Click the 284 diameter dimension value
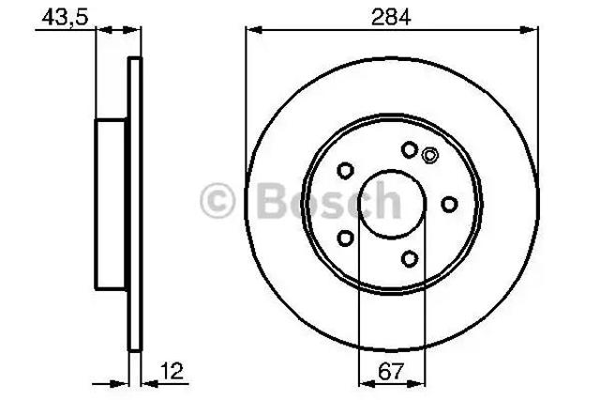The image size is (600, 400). pyautogui.click(x=391, y=17)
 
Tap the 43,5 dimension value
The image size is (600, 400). pyautogui.click(x=65, y=17)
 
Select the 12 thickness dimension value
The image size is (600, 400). pyautogui.click(x=172, y=371)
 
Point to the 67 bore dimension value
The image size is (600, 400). pyautogui.click(x=391, y=371)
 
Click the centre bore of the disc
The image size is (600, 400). pyautogui.click(x=392, y=205)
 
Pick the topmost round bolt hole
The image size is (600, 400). pyautogui.click(x=410, y=149)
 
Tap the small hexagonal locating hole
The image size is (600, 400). pyautogui.click(x=429, y=156)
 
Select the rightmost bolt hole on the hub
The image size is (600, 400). pyautogui.click(x=449, y=205)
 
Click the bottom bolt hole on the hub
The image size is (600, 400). pyautogui.click(x=410, y=259)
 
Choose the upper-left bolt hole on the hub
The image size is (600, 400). pyautogui.click(x=345, y=171)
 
